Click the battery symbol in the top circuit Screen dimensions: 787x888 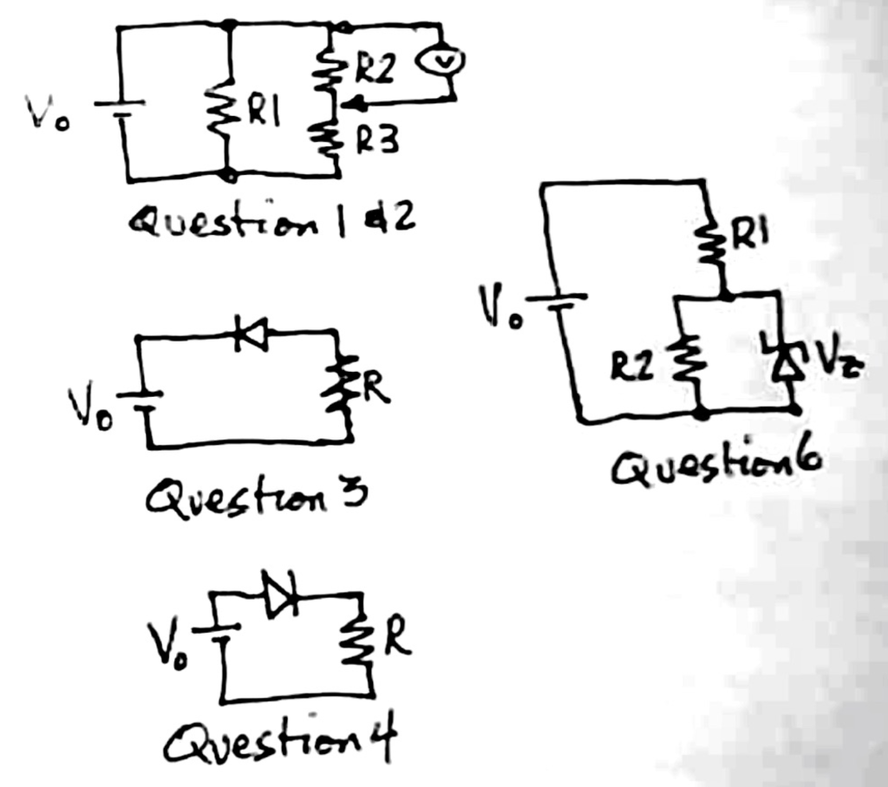click(x=121, y=108)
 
